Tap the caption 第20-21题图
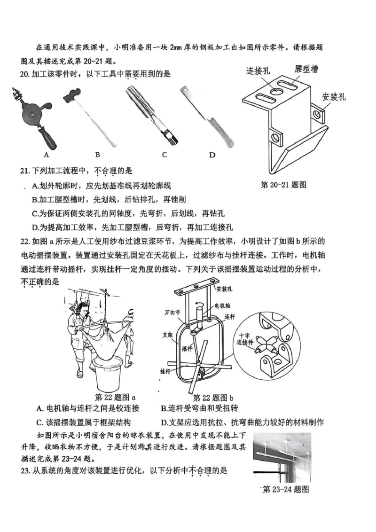(283, 185)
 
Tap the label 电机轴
(223, 306)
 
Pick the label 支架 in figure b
(168, 335)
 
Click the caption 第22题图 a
(115, 397)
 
